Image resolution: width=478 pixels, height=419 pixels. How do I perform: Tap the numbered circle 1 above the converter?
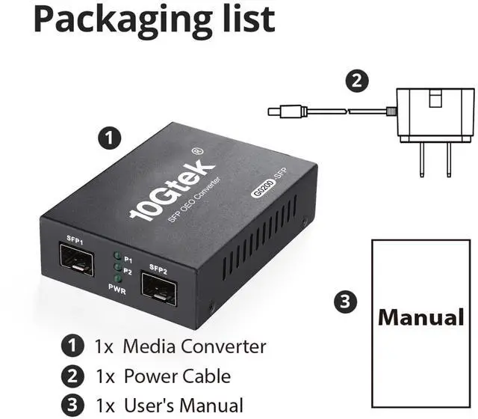tap(111, 138)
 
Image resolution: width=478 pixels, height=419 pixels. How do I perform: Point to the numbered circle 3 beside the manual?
tap(343, 302)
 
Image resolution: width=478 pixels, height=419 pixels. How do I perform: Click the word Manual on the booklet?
tap(421, 316)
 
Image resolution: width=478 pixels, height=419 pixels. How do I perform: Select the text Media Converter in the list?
tap(194, 346)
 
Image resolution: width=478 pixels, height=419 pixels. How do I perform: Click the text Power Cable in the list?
tap(177, 376)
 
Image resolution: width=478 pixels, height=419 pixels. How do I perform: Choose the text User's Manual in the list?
tap(183, 405)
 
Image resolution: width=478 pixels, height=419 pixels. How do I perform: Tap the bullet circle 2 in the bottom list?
tap(72, 376)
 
